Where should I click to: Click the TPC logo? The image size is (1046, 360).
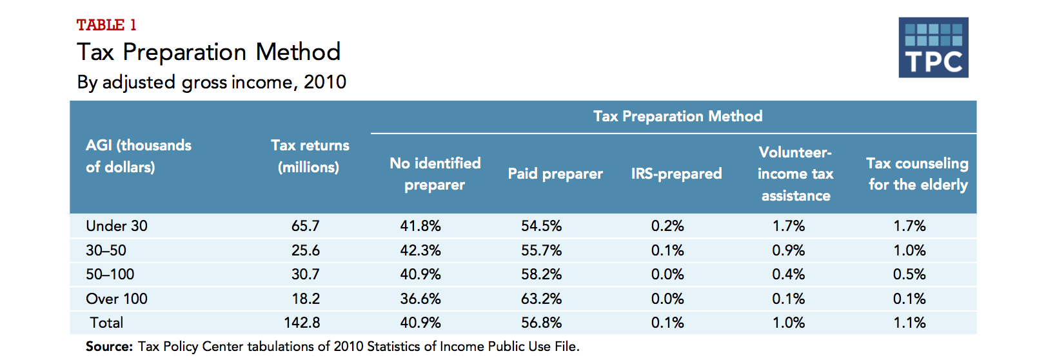[933, 48]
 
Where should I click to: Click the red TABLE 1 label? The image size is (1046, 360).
[106, 25]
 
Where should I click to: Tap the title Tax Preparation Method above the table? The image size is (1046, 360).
[208, 52]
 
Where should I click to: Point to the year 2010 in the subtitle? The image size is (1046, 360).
[325, 82]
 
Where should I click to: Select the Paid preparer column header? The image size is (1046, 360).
[555, 174]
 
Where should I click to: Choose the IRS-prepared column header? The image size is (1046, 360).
[676, 174]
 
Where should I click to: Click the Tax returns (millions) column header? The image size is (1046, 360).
[310, 156]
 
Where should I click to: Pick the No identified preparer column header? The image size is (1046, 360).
[435, 174]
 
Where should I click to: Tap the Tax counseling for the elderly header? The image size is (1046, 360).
[917, 174]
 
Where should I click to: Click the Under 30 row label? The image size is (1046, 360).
[117, 226]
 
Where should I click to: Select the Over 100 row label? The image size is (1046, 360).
[117, 299]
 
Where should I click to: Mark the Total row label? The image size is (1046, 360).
[106, 323]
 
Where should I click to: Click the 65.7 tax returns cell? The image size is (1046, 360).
[305, 226]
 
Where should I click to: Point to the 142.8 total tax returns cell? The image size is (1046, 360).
[302, 323]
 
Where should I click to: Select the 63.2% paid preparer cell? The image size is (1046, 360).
[541, 299]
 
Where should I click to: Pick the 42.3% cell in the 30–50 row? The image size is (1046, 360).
[420, 250]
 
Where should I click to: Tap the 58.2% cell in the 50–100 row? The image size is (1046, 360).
[541, 274]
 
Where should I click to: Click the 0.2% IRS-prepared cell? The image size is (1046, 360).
[667, 226]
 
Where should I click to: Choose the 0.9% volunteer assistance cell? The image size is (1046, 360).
[788, 250]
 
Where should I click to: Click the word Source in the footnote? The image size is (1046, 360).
[108, 346]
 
